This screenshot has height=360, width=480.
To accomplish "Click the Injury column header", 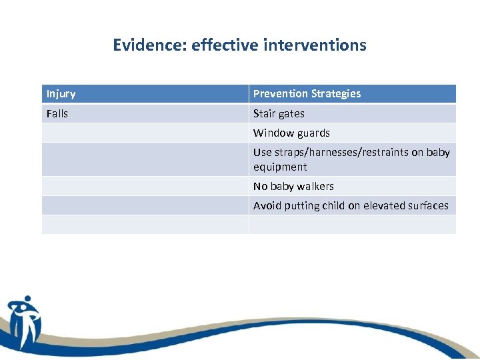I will [x=61, y=94].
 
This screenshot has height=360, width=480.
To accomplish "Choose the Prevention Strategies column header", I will [x=307, y=94].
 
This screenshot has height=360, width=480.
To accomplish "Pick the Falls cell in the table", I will [x=57, y=113].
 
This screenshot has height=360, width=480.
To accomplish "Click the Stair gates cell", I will [x=279, y=113].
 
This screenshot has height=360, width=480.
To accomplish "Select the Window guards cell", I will [x=291, y=133].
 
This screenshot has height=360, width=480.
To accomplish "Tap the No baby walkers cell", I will [x=293, y=186].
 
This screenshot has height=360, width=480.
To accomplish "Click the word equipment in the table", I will [x=280, y=167].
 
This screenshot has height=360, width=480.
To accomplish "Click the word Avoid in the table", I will [x=267, y=205].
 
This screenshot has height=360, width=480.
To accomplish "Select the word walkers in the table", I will [x=315, y=186].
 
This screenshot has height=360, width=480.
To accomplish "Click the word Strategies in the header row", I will [x=335, y=94].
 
